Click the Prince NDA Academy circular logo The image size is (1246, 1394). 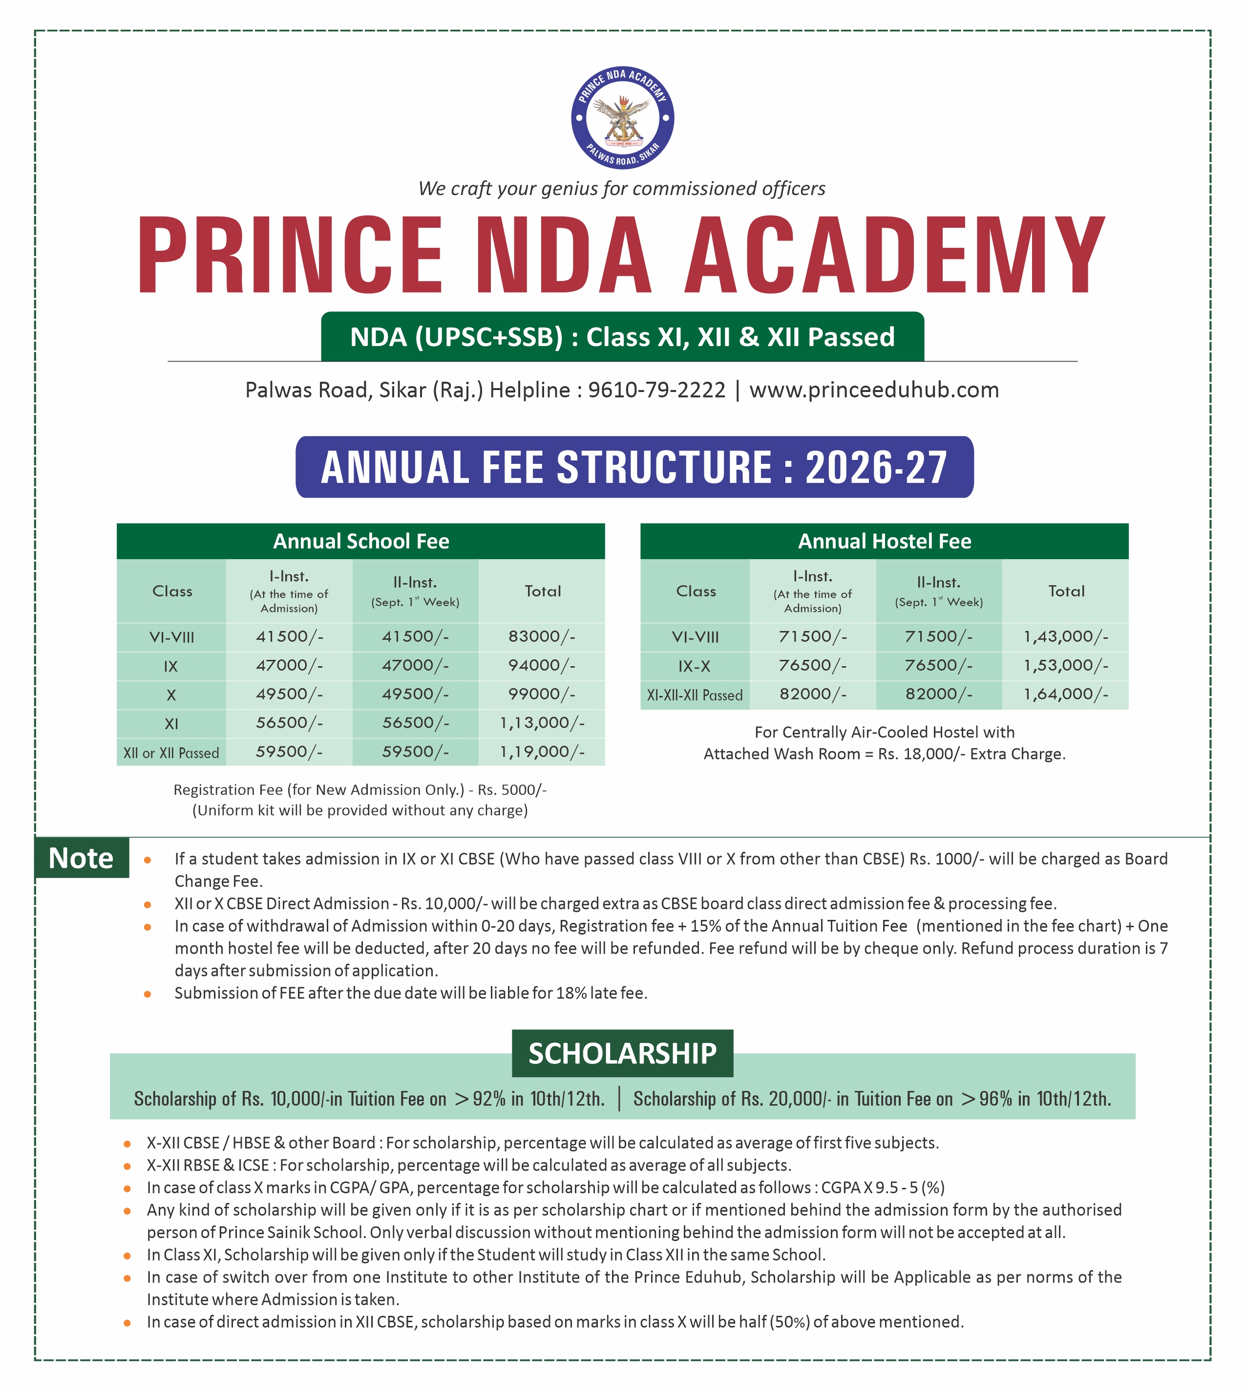(x=622, y=118)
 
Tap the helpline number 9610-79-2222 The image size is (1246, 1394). (x=656, y=390)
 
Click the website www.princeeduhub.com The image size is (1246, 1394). (x=874, y=390)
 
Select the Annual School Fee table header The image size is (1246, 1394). (x=361, y=541)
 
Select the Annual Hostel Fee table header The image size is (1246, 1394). (x=884, y=541)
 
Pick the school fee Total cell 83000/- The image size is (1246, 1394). (x=542, y=636)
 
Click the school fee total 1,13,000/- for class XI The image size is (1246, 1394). (x=542, y=723)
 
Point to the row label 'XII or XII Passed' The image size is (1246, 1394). (x=171, y=753)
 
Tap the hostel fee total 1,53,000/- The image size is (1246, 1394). (x=1065, y=665)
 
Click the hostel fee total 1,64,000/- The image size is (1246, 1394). (x=1065, y=694)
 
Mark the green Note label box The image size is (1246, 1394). (x=82, y=858)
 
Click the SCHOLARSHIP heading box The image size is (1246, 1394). (x=622, y=1053)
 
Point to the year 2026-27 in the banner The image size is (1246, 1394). (x=876, y=468)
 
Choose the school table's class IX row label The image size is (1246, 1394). (x=170, y=666)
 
